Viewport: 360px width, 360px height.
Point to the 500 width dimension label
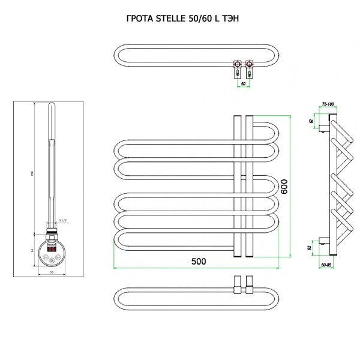click(x=198, y=262)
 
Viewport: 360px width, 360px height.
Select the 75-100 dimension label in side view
click(x=328, y=104)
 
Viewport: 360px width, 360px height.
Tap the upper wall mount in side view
click(x=324, y=126)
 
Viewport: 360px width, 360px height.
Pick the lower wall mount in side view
click(x=324, y=242)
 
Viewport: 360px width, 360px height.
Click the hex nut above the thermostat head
click(x=51, y=229)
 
